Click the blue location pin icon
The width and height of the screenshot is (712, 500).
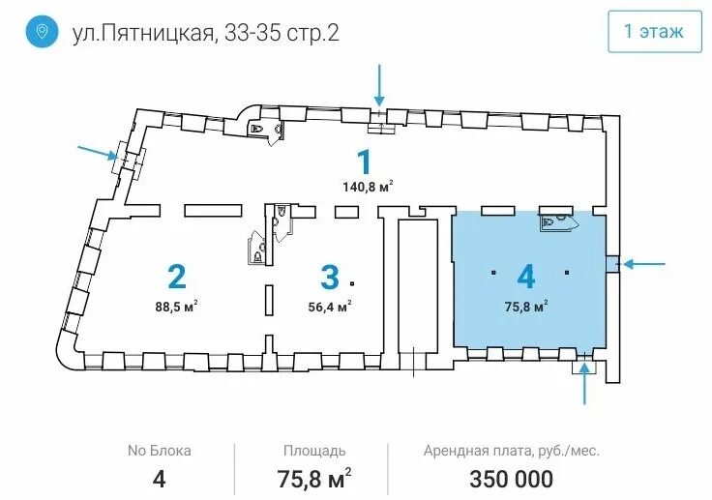(x=42, y=31)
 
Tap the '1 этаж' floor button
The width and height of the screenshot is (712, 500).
(x=654, y=31)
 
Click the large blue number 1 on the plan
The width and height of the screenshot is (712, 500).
(x=364, y=162)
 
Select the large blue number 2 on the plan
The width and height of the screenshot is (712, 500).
(x=177, y=277)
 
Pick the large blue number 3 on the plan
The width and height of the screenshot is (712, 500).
(x=330, y=277)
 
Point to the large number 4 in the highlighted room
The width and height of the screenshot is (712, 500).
(x=526, y=277)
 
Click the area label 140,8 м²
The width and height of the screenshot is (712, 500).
(x=368, y=187)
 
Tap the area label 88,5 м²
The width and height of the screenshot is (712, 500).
(x=176, y=306)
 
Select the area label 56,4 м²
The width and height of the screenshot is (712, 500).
(x=330, y=306)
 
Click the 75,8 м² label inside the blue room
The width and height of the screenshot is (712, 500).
(x=526, y=306)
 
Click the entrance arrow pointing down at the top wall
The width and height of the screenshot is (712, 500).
(x=379, y=85)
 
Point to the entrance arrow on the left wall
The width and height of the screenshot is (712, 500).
(x=98, y=153)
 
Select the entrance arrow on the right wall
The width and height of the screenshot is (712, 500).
(x=644, y=263)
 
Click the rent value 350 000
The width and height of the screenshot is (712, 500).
(x=512, y=479)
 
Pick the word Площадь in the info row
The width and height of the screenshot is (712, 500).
(x=314, y=451)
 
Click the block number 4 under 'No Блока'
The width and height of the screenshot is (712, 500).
(x=159, y=479)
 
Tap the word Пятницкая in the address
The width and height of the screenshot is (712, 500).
(x=156, y=33)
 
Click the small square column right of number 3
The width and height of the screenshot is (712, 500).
(x=352, y=283)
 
